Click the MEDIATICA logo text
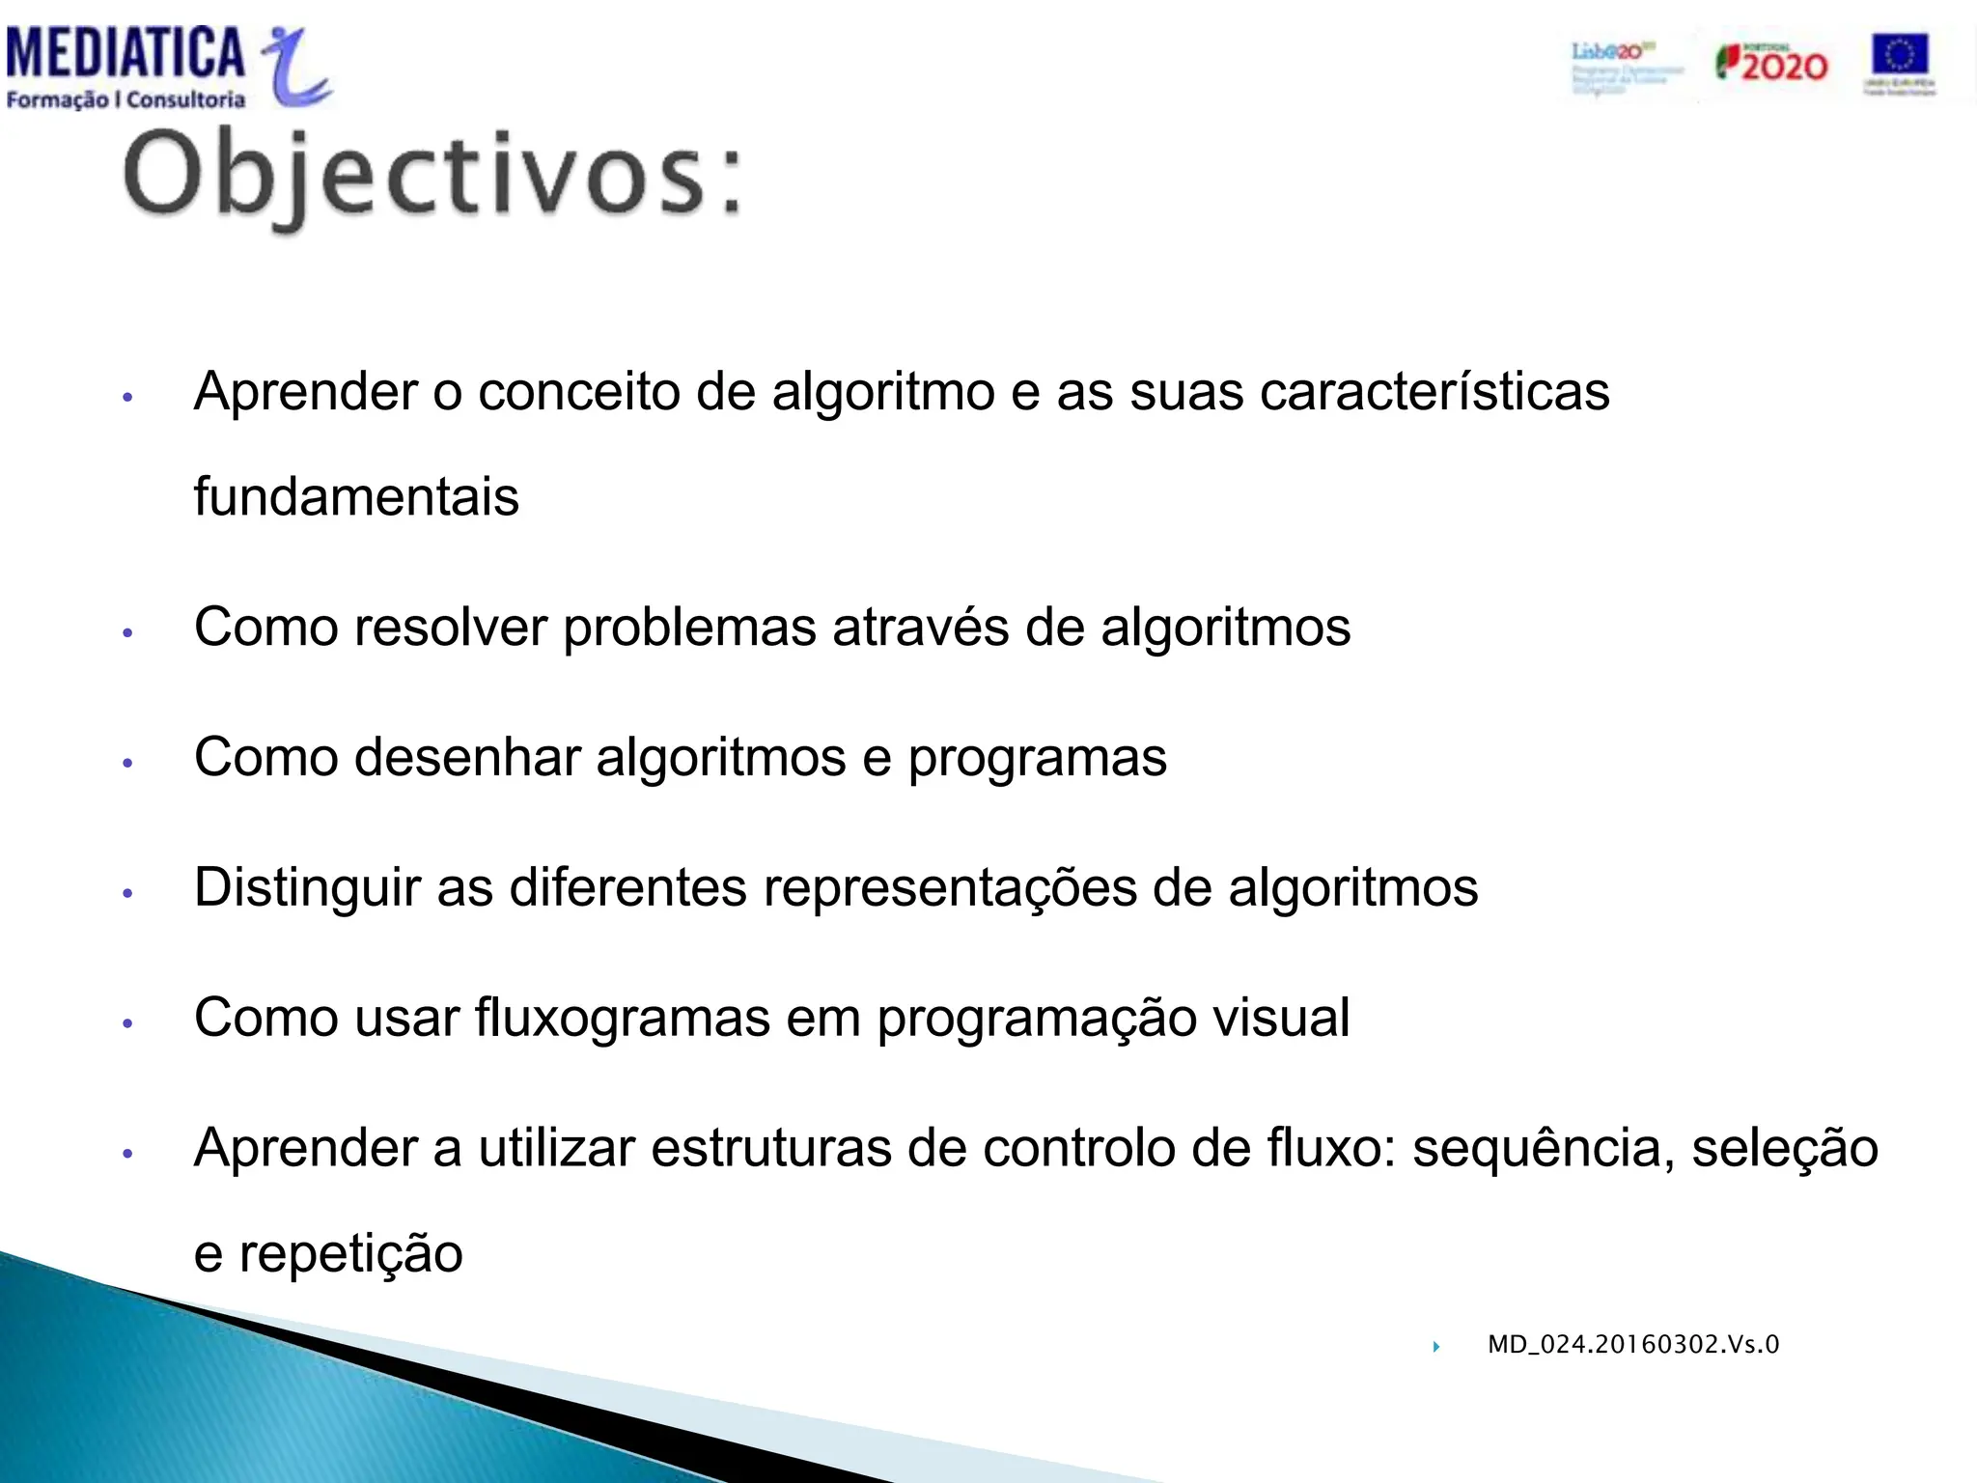[x=125, y=52]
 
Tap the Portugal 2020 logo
[x=1771, y=64]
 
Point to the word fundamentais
[x=356, y=496]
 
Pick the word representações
[x=950, y=888]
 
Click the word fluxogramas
[x=622, y=1018]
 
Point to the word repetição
[x=350, y=1254]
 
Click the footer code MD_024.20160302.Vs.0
[x=1632, y=1344]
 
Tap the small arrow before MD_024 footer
[x=1436, y=1346]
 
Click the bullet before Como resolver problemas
[x=127, y=632]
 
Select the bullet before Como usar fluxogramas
[x=127, y=1022]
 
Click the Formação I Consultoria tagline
[x=125, y=99]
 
